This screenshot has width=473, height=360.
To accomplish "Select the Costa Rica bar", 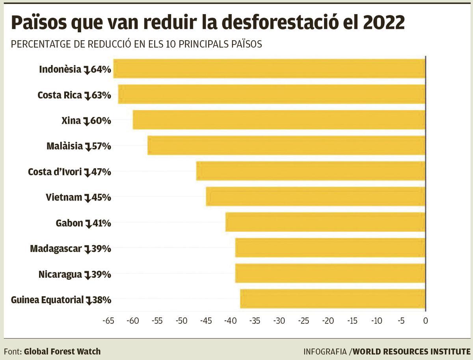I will click(272, 95).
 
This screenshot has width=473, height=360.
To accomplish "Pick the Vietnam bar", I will click(316, 197).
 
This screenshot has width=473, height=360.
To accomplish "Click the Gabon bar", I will click(326, 223).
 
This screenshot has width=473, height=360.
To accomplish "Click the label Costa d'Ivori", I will click(55, 172).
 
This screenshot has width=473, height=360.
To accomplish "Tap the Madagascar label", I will click(56, 249).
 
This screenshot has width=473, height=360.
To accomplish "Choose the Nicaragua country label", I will click(60, 274).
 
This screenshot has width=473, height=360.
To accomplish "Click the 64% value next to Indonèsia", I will click(101, 69).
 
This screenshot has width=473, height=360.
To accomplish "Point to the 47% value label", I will click(101, 172).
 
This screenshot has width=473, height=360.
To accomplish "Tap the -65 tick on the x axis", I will click(108, 321).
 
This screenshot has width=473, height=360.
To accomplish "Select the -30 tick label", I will click(279, 321).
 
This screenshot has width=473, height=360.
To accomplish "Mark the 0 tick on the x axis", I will click(425, 321).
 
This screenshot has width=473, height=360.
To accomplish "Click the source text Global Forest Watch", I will click(62, 351).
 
